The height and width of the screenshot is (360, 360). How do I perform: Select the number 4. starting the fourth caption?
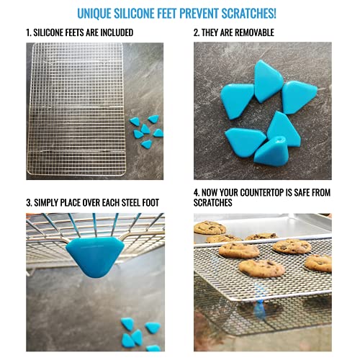(197, 194)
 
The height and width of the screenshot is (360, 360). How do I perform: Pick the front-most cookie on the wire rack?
(261, 268)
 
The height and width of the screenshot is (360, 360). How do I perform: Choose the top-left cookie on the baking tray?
(210, 227)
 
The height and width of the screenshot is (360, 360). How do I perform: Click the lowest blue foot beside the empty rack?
(146, 144)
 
